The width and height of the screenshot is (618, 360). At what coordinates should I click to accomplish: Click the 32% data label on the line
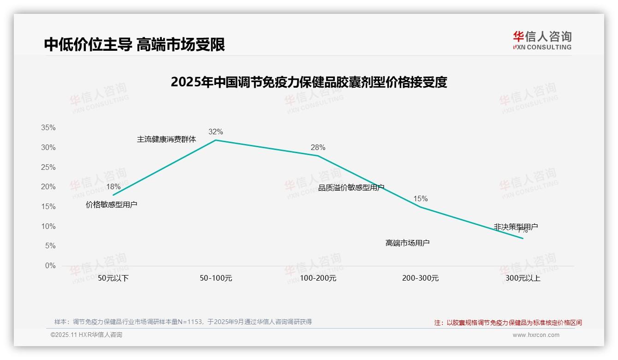[215, 132]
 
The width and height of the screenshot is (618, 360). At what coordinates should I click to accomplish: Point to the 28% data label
[318, 148]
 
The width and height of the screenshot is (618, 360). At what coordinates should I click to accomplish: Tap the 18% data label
[113, 187]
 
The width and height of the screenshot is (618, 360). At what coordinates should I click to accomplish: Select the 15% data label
[420, 199]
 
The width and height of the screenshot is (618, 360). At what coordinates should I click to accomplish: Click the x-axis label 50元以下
[113, 278]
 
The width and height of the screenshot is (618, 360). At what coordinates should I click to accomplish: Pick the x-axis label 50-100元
[216, 278]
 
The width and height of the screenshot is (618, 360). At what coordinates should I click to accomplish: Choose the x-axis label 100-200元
[318, 278]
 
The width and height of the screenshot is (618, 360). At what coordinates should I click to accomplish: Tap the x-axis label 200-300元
[420, 278]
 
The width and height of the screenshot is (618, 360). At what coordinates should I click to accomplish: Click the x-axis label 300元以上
[523, 278]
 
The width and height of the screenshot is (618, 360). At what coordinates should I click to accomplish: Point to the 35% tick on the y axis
[48, 128]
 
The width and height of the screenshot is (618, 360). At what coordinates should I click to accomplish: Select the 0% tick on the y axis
[50, 266]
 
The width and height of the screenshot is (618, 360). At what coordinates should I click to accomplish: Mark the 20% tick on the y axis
[48, 187]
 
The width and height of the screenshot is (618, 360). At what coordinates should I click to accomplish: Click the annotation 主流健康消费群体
[166, 139]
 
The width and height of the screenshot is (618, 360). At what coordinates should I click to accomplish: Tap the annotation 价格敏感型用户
[112, 204]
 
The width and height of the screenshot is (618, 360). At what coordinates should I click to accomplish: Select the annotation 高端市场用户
[408, 243]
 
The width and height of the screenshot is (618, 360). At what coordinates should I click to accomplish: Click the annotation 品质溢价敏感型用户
[351, 187]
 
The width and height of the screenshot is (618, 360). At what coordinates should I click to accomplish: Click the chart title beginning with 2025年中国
[309, 82]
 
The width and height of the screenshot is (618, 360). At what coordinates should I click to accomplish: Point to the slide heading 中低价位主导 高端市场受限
[135, 44]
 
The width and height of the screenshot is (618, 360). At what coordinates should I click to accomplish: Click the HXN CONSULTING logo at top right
[542, 41]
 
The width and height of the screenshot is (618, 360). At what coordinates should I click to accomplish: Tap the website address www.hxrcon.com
[536, 335]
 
